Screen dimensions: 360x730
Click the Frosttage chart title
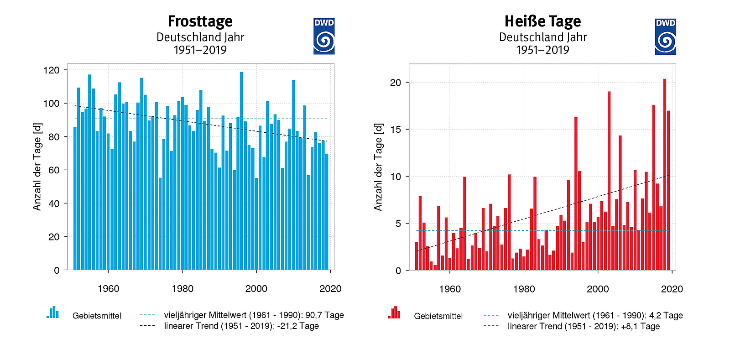tap(200, 21)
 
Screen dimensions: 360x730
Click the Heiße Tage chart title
tap(542, 21)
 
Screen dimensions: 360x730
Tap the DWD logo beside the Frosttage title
tap(324, 37)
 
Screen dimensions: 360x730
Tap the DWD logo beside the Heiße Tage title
tap(665, 37)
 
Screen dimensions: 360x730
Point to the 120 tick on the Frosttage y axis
tap(52, 70)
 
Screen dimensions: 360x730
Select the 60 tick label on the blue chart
tap(54, 170)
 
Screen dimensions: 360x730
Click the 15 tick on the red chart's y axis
tap(395, 130)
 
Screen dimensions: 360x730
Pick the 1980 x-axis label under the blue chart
tap(182, 289)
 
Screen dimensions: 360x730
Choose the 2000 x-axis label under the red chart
tap(598, 289)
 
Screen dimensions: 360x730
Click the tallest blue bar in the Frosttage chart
tap(241, 171)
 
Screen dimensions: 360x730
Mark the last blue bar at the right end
tap(327, 212)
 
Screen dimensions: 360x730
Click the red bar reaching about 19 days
tap(609, 181)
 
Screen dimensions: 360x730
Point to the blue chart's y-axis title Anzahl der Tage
tap(37, 167)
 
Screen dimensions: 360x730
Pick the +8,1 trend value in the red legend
tap(630, 327)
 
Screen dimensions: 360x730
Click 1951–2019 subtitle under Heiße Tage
tap(542, 50)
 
